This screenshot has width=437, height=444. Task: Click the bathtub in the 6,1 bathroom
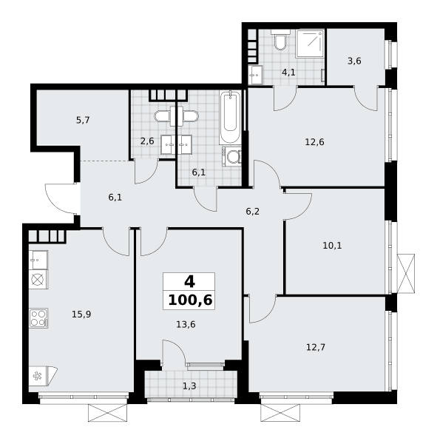tap(230, 118)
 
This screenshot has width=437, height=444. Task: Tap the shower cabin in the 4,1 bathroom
tap(310, 44)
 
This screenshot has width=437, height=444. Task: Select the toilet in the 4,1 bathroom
tap(280, 39)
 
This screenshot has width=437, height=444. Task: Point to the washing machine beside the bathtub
tap(231, 156)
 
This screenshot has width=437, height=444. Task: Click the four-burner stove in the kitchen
tap(38, 318)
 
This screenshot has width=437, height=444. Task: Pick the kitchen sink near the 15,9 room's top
tap(38, 260)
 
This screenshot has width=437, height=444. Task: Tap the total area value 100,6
tap(190, 300)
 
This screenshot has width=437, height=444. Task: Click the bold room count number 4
tap(189, 282)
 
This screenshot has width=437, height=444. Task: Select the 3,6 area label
tap(354, 61)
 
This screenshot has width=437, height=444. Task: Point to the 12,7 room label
tap(316, 347)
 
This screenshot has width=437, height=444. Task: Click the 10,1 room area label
tap(332, 246)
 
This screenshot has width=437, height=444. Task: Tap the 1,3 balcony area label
tap(189, 386)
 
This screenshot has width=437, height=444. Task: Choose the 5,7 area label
tap(83, 121)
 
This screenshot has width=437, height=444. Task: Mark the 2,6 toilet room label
tap(147, 141)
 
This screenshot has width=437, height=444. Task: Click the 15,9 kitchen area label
tap(81, 314)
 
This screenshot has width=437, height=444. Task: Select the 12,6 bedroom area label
tap(314, 141)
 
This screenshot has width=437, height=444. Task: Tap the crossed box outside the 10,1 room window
tap(406, 274)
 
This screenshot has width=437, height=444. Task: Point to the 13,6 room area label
tap(186, 325)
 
